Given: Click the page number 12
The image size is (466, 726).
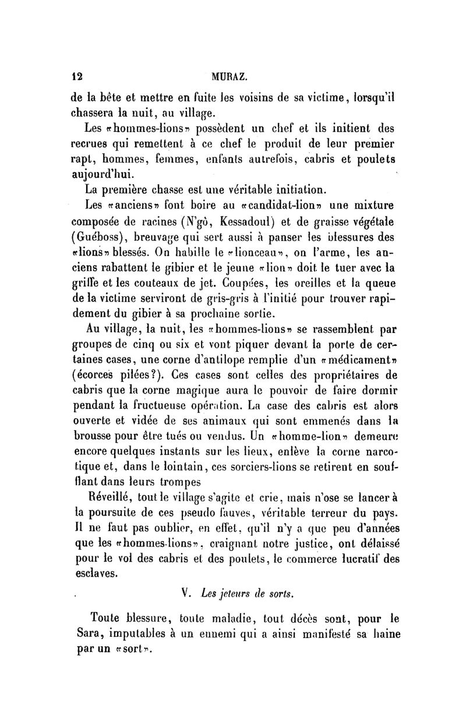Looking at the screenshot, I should pyautogui.click(x=75, y=76).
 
